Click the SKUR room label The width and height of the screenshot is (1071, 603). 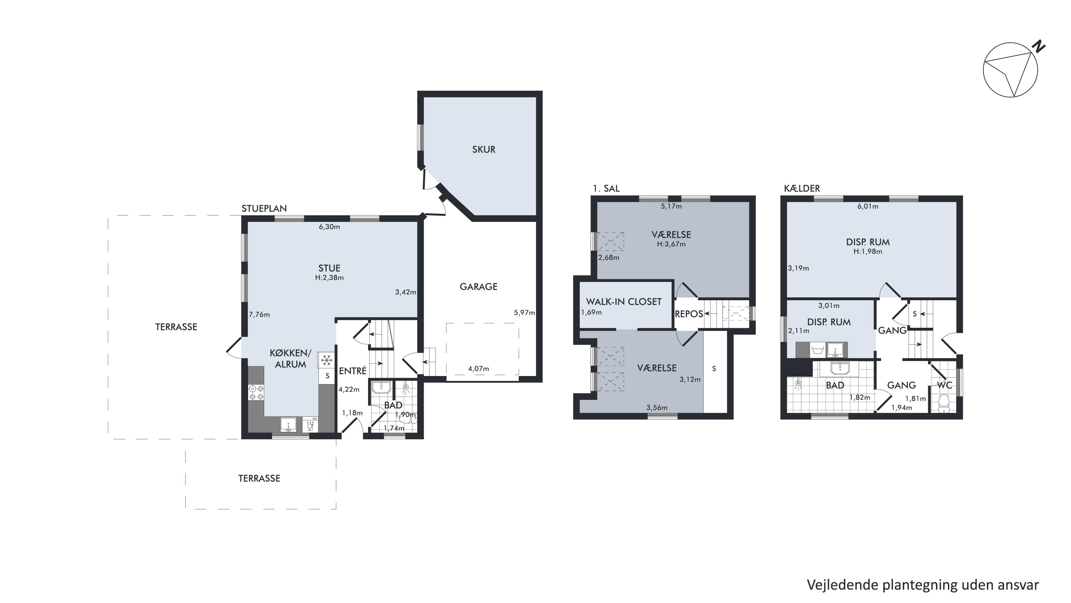[483, 149]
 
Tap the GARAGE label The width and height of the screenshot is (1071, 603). [478, 287]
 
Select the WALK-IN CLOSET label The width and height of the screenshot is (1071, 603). [624, 302]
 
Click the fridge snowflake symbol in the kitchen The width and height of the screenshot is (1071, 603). [327, 360]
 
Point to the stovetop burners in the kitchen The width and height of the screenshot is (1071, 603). [256, 393]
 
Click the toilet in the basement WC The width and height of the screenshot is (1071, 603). [944, 403]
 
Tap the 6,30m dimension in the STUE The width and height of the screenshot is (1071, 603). [329, 227]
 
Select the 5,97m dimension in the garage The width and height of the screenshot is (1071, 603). [524, 312]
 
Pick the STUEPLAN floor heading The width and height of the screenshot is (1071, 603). [264, 208]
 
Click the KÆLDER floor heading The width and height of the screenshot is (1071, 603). [802, 188]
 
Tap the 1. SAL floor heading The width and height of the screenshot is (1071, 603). [606, 188]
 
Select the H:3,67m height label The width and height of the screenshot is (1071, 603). [671, 244]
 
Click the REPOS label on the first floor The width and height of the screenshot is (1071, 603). [689, 314]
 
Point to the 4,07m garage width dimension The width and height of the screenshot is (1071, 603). [478, 369]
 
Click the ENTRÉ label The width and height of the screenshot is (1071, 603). [353, 371]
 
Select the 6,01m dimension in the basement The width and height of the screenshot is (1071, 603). [868, 206]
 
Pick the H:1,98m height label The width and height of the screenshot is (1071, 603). [868, 251]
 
